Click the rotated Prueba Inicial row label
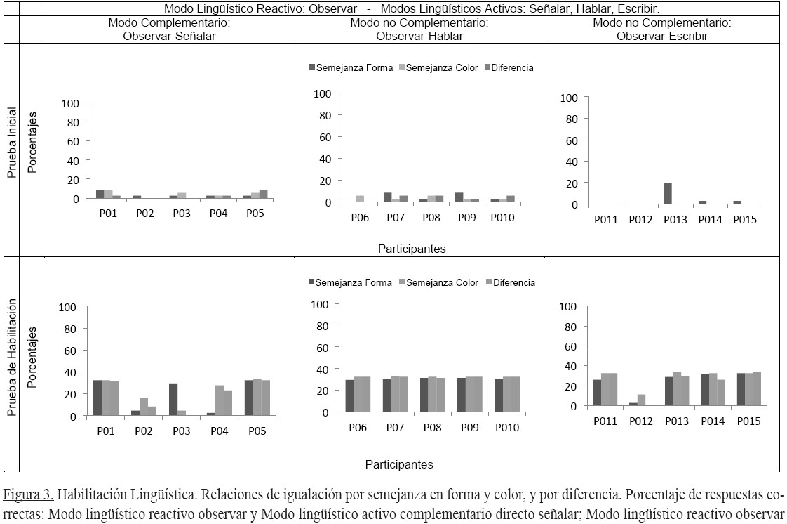11,142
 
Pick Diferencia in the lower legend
513,282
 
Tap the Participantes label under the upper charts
412,249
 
